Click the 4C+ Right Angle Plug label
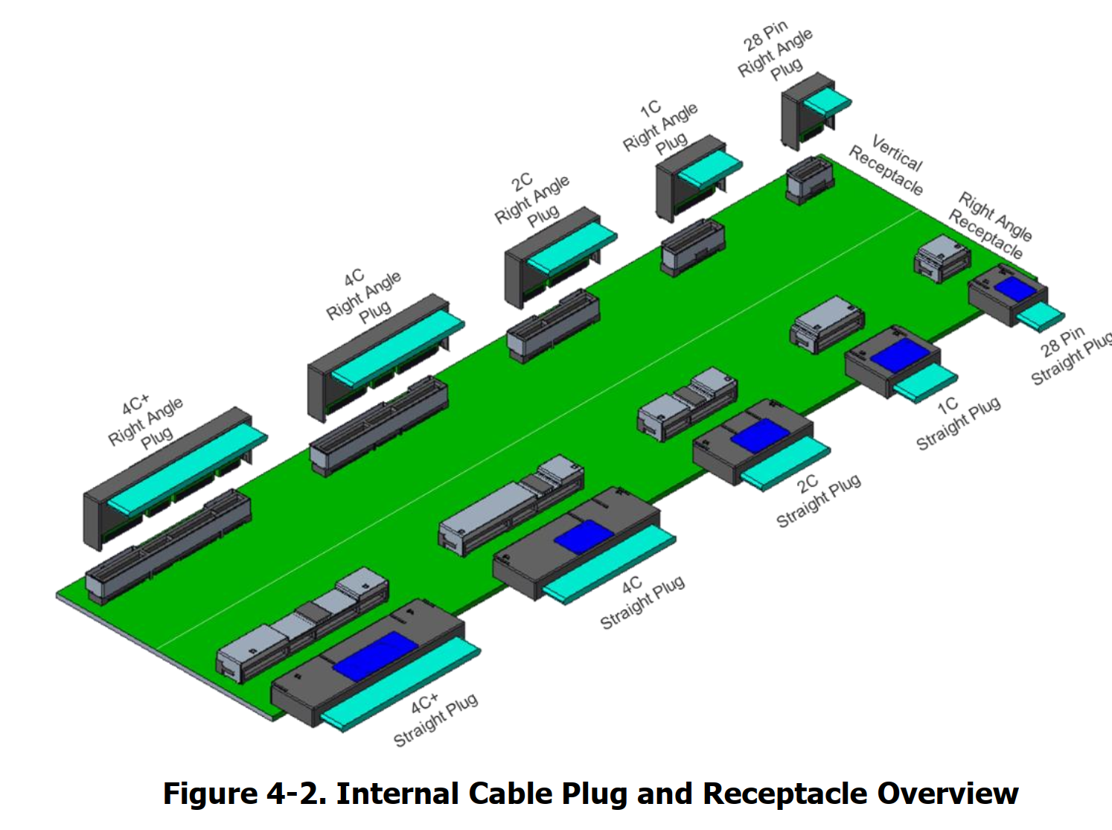pos(146,423)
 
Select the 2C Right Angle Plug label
pos(532,201)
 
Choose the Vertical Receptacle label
pos(886,165)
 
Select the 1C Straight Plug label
pos(958,423)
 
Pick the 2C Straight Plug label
pos(818,501)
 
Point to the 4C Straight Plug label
pos(642,602)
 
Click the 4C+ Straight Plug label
pos(435,719)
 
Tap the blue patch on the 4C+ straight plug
pos(375,656)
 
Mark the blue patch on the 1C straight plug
pos(900,354)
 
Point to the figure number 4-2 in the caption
pos(297,794)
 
